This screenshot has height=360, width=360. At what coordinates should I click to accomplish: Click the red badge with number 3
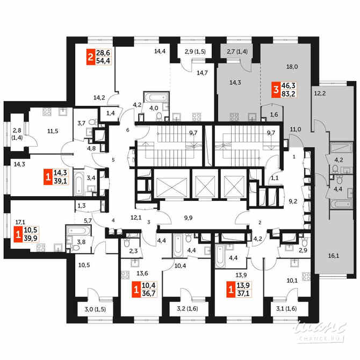click(x=276, y=91)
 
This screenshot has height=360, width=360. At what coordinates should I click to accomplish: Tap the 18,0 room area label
click(x=292, y=67)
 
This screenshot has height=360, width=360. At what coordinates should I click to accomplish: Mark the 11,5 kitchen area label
click(x=52, y=131)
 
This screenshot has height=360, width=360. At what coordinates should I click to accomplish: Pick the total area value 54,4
click(x=103, y=61)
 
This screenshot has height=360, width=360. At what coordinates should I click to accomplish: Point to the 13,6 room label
click(x=142, y=273)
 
